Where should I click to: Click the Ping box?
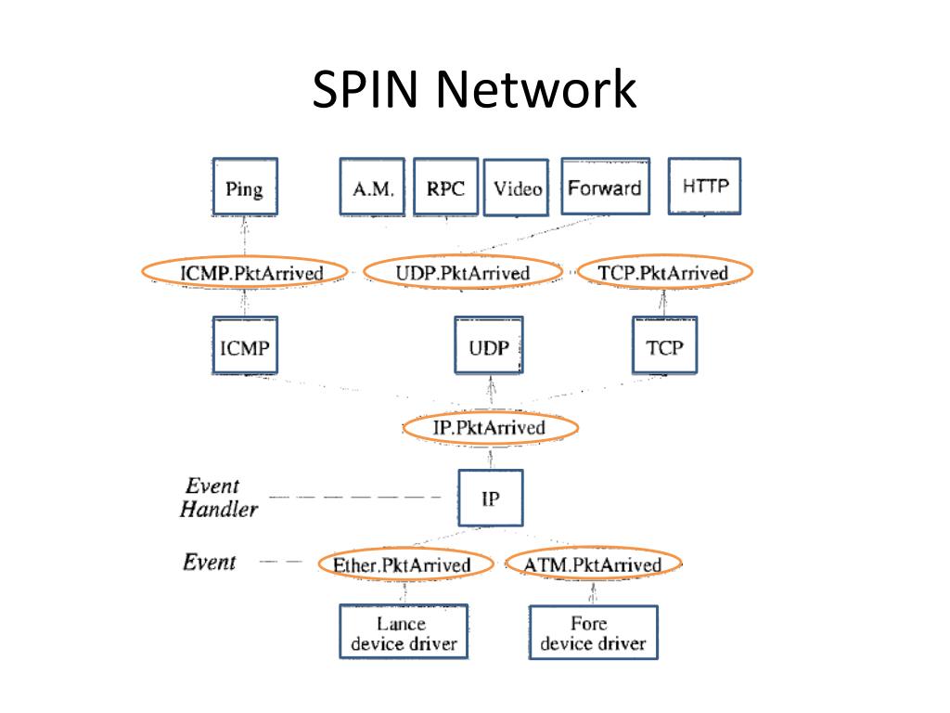tap(245, 187)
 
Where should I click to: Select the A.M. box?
tap(372, 187)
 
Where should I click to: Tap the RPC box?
tap(446, 187)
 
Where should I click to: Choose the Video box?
tap(516, 188)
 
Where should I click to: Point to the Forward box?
tap(605, 186)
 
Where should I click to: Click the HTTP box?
tap(705, 186)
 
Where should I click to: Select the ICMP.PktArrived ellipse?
tap(245, 272)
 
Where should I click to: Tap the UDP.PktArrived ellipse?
tap(464, 272)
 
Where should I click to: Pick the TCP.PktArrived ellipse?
tap(664, 272)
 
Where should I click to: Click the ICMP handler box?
tap(245, 345)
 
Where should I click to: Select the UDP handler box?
tap(489, 345)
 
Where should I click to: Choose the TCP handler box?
tap(664, 345)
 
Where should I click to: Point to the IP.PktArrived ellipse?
tap(490, 427)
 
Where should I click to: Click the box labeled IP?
tap(491, 498)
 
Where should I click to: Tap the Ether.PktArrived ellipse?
tap(404, 564)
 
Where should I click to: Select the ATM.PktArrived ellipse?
tap(594, 564)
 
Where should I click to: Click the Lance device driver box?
tap(404, 631)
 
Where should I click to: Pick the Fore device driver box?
tap(593, 631)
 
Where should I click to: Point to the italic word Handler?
tap(219, 510)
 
